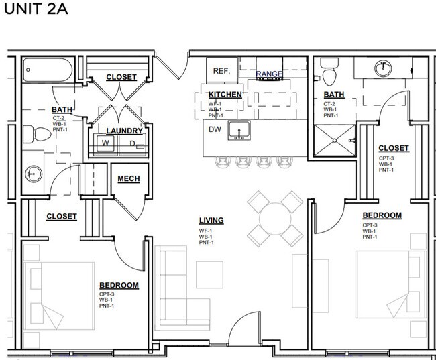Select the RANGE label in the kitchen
point(269,74)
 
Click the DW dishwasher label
point(215,129)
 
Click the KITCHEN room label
point(225,95)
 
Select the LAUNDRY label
point(124,131)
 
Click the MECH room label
point(128,178)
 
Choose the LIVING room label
point(211,220)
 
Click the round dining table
point(274,218)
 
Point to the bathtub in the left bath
point(48,70)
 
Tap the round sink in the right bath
point(384,68)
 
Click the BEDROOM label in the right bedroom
point(382,215)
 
